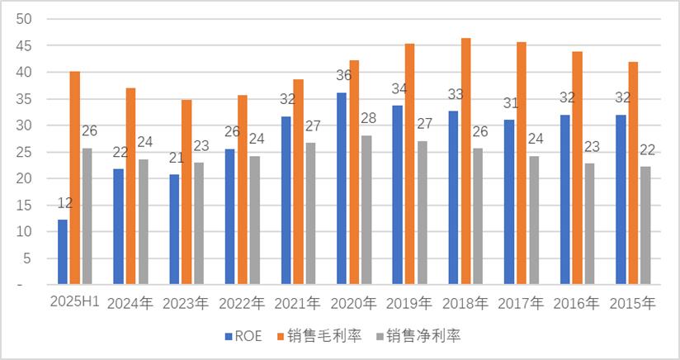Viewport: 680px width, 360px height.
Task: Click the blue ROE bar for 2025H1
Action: click(63, 252)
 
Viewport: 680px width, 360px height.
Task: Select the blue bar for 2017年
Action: click(509, 201)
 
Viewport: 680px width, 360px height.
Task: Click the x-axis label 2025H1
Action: click(75, 302)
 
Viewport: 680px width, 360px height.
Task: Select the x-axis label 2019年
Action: click(410, 303)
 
